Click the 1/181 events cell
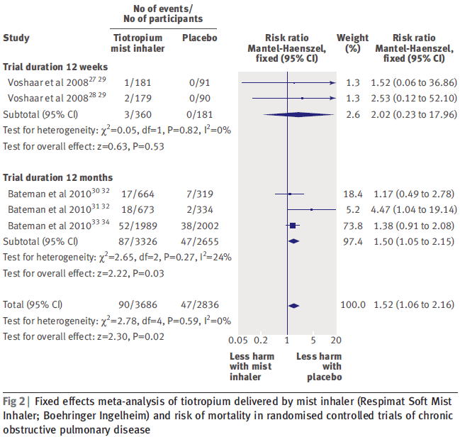click(137, 84)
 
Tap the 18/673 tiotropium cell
click(137, 209)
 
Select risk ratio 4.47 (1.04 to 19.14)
click(415, 209)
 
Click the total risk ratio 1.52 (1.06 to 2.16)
click(415, 305)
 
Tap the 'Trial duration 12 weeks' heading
click(51, 67)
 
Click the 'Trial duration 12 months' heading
click(53, 177)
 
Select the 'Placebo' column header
click(199, 38)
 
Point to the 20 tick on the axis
click(336, 339)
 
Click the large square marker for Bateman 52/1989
click(293, 225)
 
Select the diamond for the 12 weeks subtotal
click(293, 114)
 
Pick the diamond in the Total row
click(293, 305)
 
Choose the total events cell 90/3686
click(137, 305)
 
